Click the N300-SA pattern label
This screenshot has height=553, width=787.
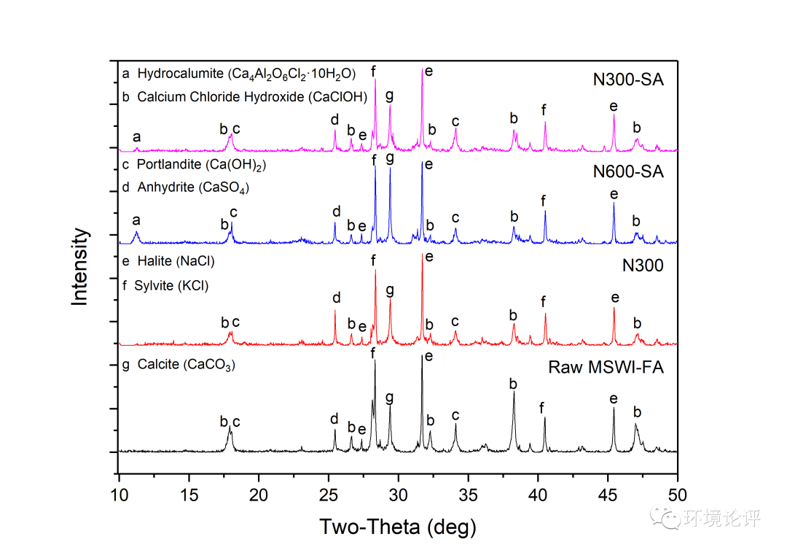click(x=628, y=80)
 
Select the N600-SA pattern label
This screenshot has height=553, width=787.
click(x=628, y=172)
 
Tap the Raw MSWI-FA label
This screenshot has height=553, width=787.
click(x=606, y=367)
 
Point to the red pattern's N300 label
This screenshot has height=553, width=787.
click(x=643, y=266)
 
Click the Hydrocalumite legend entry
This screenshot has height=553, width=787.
click(x=238, y=74)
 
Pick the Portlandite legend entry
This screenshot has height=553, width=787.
click(x=194, y=165)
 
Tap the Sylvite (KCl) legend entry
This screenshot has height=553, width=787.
click(x=165, y=285)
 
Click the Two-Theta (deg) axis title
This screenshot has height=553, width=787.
click(x=398, y=525)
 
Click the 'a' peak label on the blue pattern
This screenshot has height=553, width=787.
click(x=136, y=219)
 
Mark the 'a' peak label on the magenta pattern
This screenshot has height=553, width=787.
click(x=136, y=136)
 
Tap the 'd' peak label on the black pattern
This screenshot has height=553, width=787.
click(x=334, y=418)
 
